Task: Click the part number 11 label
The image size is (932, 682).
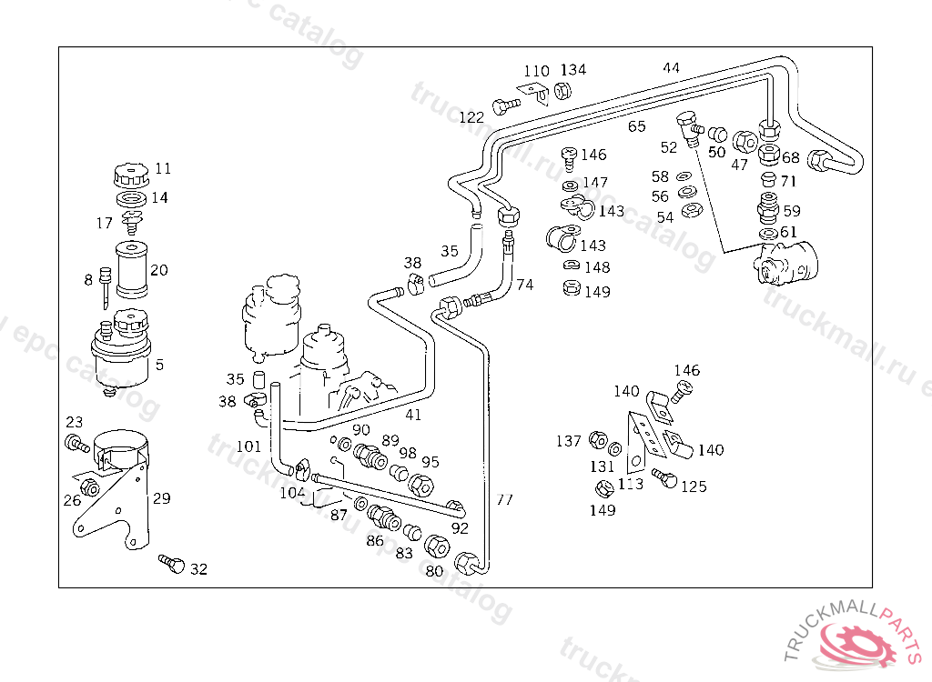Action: pos(163,168)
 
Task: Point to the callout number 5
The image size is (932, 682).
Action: pos(159,366)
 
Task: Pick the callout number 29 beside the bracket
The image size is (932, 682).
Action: pos(161,498)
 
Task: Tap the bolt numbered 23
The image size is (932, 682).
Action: pos(74,444)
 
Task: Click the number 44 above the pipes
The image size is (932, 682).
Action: pos(671,68)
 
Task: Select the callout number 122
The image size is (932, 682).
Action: pos(471,117)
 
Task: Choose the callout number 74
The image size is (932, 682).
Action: pos(524,285)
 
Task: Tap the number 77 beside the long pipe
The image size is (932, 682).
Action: pos(504,499)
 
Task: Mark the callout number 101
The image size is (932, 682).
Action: pos(248,446)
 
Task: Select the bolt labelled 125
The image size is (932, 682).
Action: pos(664,476)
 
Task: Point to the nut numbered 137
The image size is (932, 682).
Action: pos(597,441)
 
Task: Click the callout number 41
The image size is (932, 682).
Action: pos(413,415)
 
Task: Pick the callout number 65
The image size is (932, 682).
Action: pos(636,126)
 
